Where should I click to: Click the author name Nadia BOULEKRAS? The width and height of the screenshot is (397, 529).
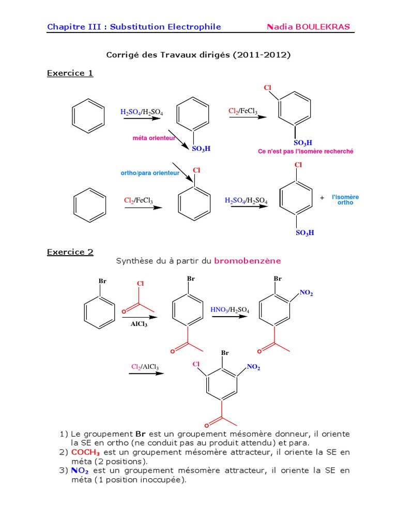coord(308,27)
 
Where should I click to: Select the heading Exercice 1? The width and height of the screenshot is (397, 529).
coord(70,73)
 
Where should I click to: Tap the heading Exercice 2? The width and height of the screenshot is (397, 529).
coord(70,252)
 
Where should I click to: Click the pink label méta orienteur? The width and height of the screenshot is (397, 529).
coord(154,138)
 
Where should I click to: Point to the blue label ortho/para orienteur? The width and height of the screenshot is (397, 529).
coord(150,173)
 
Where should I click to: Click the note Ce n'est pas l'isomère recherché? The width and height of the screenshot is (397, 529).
coord(306,151)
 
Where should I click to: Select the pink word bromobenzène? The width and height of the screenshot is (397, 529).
coord(248,261)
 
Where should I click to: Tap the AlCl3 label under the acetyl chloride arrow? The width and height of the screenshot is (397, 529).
coord(139,324)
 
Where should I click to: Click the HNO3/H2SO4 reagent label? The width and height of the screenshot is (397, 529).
coord(230,310)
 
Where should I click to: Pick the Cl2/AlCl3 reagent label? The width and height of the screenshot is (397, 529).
coord(145,367)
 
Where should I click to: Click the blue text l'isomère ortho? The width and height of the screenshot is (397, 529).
coord(345,200)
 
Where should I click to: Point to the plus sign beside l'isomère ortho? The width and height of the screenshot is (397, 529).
coord(322,198)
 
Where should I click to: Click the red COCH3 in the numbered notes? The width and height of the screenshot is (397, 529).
coord(85,452)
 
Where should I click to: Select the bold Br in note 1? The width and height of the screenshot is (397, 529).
coord(141,434)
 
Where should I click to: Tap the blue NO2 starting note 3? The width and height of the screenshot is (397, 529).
coord(80,470)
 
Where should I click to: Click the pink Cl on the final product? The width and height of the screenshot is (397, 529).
coord(196,364)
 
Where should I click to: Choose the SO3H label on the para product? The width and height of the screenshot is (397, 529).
coord(305,233)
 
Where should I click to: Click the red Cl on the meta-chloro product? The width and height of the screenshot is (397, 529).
coord(268,88)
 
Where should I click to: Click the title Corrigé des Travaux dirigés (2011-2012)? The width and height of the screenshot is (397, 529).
coord(198,55)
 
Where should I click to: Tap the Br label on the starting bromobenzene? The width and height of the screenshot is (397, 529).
coord(102,281)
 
